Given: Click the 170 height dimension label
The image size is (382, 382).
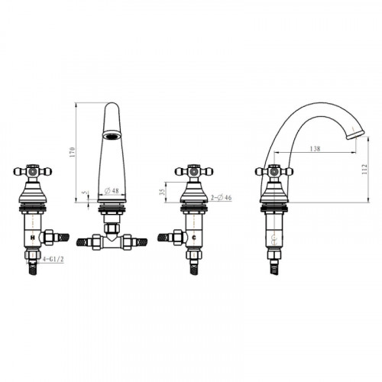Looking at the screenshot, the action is (x=73, y=152).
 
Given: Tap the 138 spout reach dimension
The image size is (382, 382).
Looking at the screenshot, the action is (x=315, y=148).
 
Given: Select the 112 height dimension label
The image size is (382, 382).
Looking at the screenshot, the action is (x=364, y=169).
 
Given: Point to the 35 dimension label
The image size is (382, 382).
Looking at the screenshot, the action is (x=162, y=192).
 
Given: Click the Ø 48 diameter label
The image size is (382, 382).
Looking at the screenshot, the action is (x=112, y=190).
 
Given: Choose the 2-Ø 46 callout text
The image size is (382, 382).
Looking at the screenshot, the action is (x=221, y=197).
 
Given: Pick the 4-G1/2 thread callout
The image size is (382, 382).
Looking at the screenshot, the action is (x=53, y=259).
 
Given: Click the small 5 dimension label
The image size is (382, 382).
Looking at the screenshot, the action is (x=86, y=193).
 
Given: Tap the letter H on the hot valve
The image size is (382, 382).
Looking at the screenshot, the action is (x=33, y=238).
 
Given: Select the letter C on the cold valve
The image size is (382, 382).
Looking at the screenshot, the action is (x=194, y=238).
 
